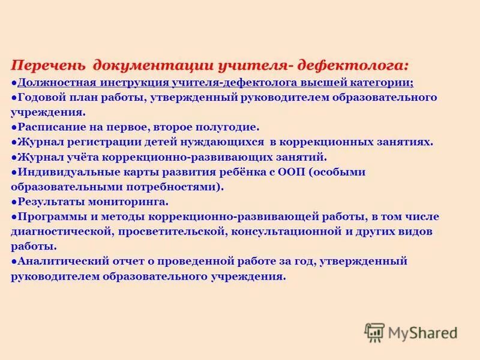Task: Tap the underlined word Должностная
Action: coord(54,82)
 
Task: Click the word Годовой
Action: coord(41,97)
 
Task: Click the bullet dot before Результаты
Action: coord(13,202)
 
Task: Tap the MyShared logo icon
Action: coord(374,332)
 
